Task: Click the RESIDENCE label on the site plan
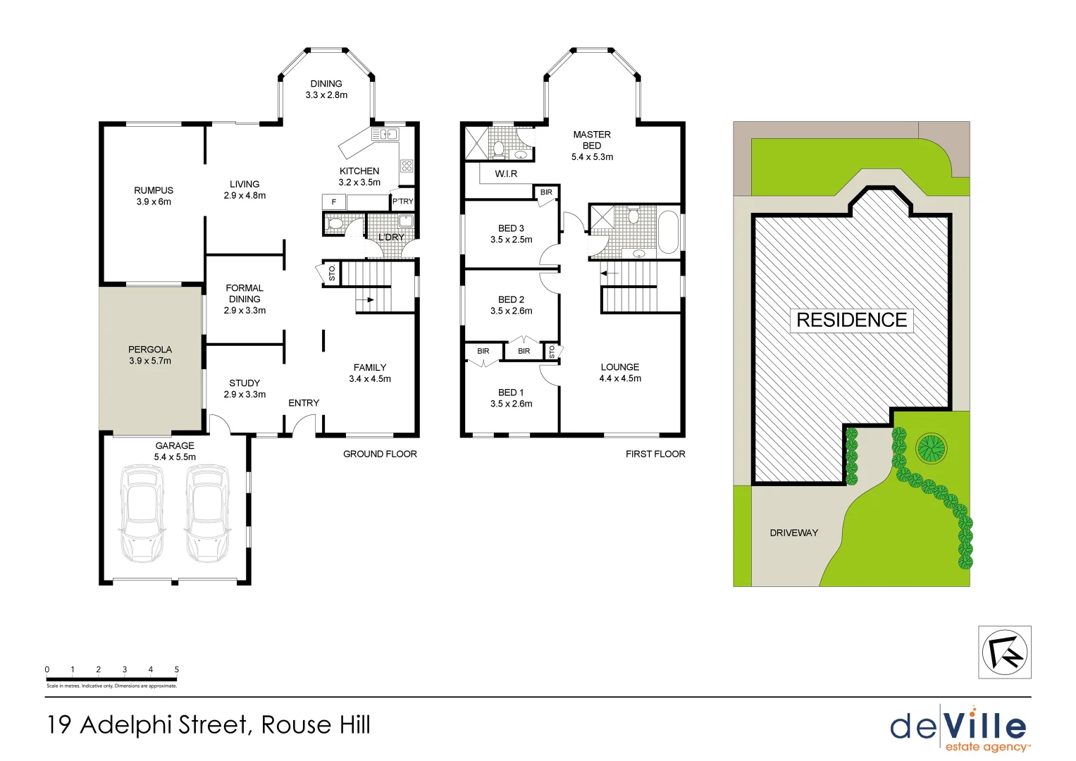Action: [851, 321]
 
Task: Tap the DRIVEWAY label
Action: [793, 533]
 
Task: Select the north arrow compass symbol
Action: [1005, 652]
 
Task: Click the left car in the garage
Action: [142, 513]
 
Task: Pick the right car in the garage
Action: [207, 513]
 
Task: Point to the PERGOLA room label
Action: [150, 349]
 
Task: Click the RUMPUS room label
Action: [154, 190]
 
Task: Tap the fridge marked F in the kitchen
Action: [334, 202]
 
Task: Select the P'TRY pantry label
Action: [403, 202]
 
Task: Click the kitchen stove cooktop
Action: [407, 166]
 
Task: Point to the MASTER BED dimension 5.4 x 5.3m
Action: [592, 157]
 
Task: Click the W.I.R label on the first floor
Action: [506, 173]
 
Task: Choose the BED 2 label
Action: [511, 299]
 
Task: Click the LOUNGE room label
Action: [620, 367]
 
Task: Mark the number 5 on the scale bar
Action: [176, 669]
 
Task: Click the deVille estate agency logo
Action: [959, 729]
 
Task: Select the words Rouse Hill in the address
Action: [316, 725]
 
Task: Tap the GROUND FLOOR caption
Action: [380, 454]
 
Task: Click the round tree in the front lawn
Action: [932, 447]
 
